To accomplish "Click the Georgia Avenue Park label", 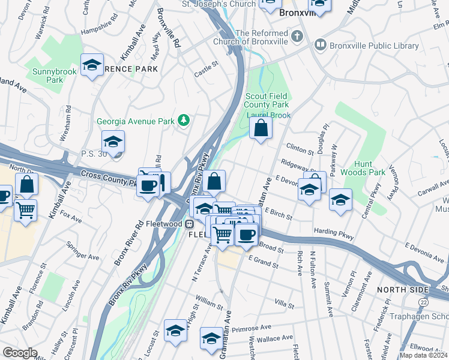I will [136, 121].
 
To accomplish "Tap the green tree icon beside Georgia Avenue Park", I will [184, 121].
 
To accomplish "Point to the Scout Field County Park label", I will [268, 100].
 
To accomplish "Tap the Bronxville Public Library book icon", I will [320, 44].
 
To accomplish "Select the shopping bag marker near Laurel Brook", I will [261, 128].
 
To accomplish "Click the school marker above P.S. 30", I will [112, 142].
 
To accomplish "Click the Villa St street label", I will [284, 305].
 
